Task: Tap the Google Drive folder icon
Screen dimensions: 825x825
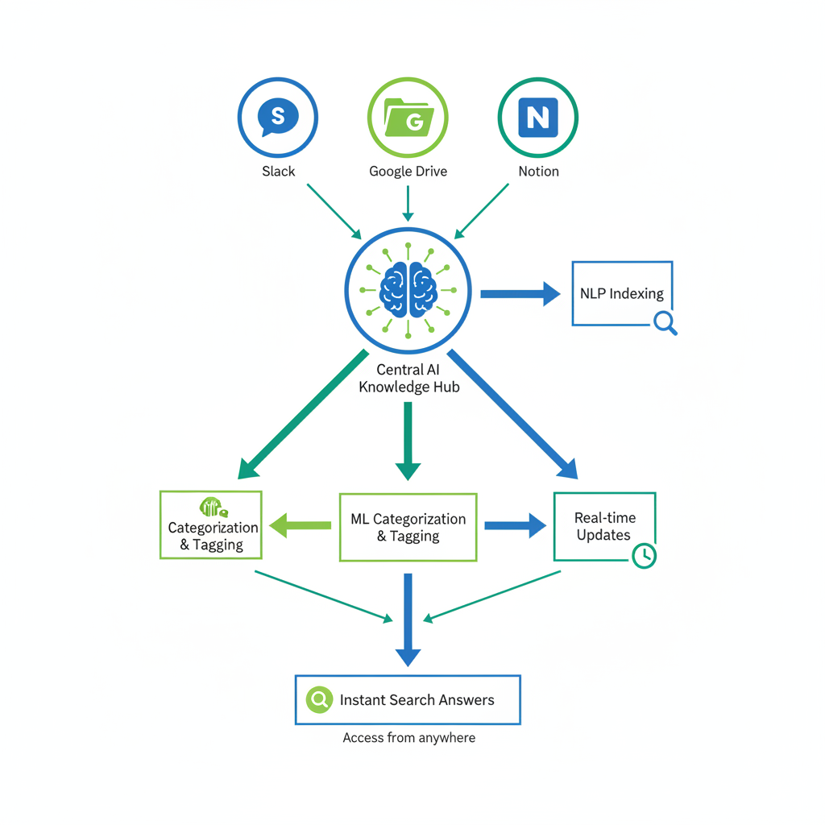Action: (408, 118)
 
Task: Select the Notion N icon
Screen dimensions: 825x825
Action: (537, 118)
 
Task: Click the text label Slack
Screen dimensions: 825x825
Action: (279, 171)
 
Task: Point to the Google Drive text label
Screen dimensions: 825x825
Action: (408, 171)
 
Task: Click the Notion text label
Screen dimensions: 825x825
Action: (538, 171)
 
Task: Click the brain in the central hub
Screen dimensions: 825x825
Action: (408, 289)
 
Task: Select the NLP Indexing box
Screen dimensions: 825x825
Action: (621, 293)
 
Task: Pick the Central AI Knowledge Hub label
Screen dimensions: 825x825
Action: (408, 379)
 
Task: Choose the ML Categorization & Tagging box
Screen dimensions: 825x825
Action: (408, 528)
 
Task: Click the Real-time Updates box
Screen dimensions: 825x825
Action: (604, 526)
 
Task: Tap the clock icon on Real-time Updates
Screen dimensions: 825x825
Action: (644, 555)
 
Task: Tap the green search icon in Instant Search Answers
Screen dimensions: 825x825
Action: (320, 699)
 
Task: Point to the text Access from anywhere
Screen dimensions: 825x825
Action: (408, 738)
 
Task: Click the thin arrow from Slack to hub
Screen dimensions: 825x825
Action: (334, 211)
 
